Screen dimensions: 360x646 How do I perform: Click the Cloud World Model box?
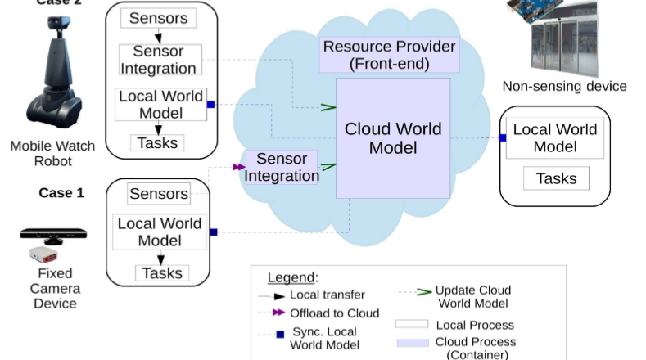(x=393, y=138)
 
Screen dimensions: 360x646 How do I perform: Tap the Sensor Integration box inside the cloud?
(x=282, y=167)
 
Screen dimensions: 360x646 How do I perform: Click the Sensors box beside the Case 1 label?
(x=158, y=194)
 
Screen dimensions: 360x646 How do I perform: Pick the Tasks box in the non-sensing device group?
(x=556, y=178)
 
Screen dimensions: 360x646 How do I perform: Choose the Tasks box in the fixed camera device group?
(x=161, y=273)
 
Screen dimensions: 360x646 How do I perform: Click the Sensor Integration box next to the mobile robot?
(x=158, y=60)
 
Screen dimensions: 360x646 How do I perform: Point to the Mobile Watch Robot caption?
(x=52, y=154)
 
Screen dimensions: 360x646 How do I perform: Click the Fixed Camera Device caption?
(x=55, y=288)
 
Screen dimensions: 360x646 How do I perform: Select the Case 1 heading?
(x=61, y=193)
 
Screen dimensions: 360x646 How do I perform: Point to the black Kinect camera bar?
(x=53, y=235)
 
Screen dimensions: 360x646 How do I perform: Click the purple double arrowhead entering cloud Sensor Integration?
(x=238, y=167)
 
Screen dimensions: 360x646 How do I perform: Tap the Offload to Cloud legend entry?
(x=334, y=313)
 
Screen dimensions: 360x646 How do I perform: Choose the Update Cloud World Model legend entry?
(x=472, y=296)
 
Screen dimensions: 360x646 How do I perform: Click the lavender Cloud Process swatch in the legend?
(x=412, y=342)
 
